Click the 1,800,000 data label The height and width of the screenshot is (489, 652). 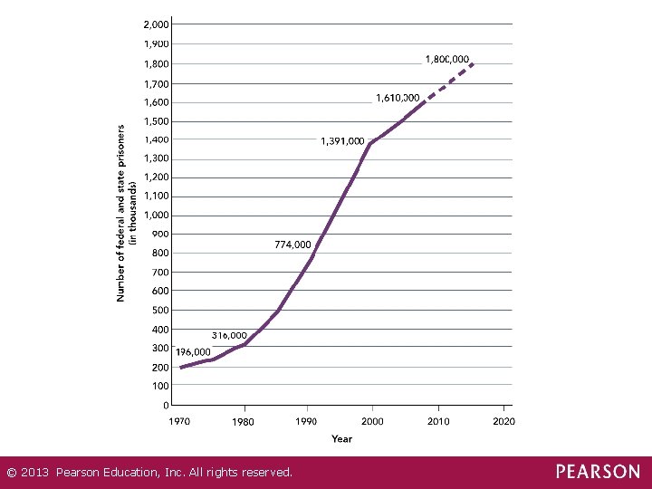447,60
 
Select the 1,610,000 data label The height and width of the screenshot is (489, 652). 398,98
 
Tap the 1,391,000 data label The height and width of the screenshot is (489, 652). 342,141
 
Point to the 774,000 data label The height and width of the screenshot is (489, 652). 292,244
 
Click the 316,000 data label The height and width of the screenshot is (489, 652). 229,335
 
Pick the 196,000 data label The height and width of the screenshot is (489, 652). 193,352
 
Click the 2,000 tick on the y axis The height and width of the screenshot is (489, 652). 157,24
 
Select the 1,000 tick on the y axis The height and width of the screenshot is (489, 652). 157,216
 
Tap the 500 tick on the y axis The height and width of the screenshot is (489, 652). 160,311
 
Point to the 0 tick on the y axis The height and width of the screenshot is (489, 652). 166,405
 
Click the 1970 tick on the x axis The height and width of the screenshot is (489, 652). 179,422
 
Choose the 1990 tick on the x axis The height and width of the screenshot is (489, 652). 306,422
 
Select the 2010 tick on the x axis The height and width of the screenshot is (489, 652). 438,422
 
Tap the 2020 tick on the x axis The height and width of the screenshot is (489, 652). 504,422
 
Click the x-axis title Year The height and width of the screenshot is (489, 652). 341,438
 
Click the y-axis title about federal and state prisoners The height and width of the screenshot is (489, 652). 127,214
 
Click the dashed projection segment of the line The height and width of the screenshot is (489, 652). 449,81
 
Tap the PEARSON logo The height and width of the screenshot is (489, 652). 598,472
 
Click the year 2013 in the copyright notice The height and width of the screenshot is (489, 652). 34,473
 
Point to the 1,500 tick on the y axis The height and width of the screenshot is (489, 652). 157,121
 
